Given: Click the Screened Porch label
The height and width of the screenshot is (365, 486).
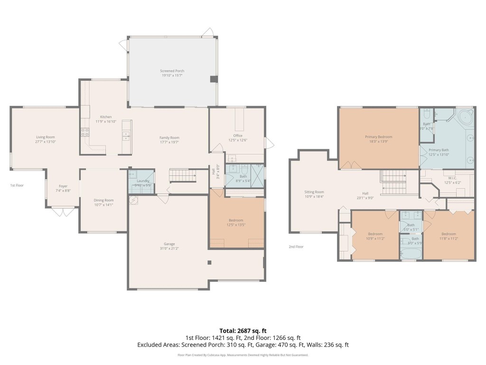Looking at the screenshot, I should (172, 71).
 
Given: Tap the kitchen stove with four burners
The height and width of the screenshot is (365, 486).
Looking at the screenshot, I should (85, 133).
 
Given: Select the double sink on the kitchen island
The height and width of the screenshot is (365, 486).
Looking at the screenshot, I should (126, 135).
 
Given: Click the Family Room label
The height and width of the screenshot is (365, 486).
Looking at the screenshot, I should (169, 137).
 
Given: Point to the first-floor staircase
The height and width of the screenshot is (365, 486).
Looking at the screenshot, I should (183, 176).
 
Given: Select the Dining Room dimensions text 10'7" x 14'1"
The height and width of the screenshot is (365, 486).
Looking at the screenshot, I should (103, 205).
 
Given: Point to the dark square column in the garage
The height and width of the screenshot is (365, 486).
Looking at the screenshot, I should (209, 262).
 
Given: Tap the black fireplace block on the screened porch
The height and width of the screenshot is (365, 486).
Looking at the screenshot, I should (213, 80).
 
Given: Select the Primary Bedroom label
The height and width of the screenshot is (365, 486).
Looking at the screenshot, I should (378, 137).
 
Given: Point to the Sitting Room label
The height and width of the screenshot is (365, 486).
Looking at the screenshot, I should (314, 192).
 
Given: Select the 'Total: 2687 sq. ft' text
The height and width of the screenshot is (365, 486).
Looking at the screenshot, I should (243, 330).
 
